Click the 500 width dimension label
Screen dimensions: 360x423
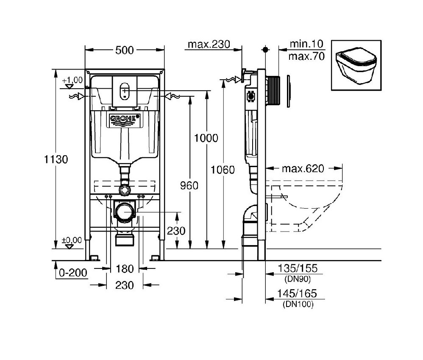point(125,50)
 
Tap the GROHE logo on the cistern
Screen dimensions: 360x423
point(125,120)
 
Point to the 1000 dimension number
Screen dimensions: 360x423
point(206,138)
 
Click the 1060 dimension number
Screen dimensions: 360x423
point(223,170)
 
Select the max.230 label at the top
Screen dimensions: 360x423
point(209,44)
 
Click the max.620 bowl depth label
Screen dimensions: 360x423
point(303,169)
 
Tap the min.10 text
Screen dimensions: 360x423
point(306,44)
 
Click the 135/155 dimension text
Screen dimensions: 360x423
point(298,268)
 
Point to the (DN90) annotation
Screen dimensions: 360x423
point(297,279)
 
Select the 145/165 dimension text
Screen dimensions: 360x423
point(298,293)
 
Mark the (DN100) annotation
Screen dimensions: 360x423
point(298,304)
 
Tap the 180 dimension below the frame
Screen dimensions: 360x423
point(125,268)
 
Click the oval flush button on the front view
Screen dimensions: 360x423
point(125,90)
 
